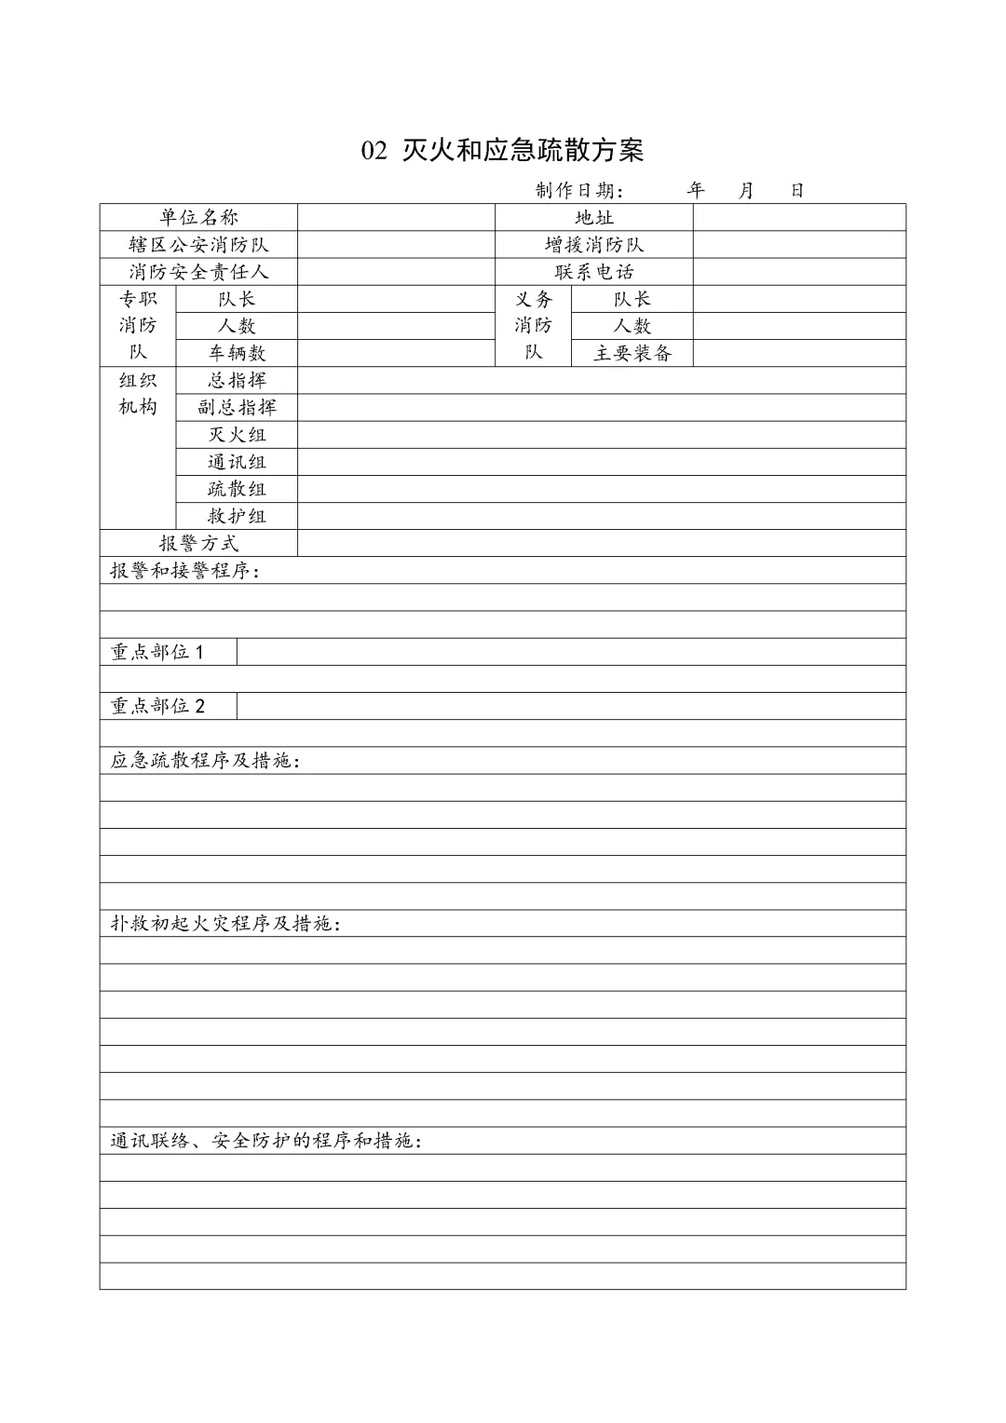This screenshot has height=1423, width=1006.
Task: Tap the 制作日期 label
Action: [576, 191]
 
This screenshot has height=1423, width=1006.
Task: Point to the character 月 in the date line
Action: [746, 191]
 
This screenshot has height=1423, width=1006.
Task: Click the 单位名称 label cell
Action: [198, 218]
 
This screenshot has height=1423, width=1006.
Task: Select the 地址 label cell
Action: [593, 218]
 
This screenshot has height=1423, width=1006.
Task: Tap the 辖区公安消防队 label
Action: [198, 245]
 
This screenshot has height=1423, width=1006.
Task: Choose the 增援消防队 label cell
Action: [593, 245]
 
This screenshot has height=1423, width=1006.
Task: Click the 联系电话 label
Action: [593, 272]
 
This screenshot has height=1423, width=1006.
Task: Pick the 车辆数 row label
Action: [237, 353]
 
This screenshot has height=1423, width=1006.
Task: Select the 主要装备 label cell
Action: [632, 353]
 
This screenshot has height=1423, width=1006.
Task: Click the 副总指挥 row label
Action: [237, 407]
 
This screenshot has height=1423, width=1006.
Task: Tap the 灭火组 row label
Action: [237, 435]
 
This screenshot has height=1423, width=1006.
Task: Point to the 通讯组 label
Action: [237, 462]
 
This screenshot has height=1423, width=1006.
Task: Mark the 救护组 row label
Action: [237, 516]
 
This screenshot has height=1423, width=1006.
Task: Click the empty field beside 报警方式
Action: [601, 543]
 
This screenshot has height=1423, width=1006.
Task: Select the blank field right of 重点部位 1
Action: [570, 652]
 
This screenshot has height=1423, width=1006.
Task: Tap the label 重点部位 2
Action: [157, 706]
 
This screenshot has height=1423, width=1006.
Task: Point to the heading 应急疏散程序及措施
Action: [205, 761]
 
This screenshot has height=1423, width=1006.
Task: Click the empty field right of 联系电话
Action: [798, 272]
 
